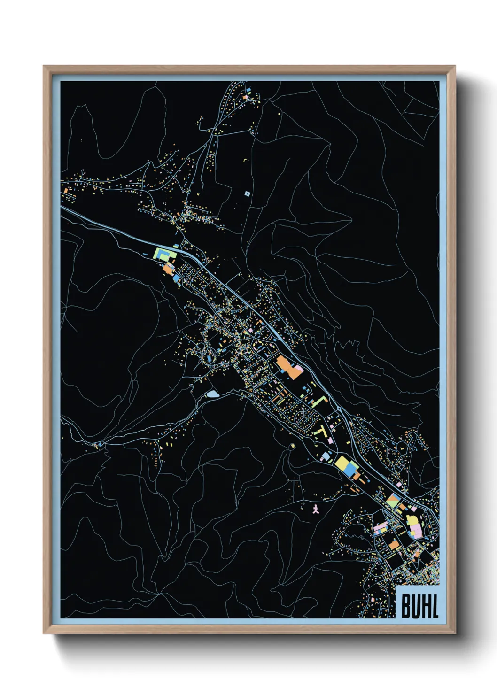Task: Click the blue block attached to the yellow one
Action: tap(350, 470)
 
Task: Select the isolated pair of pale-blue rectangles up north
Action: tap(248, 193)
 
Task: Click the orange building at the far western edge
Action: tap(67, 191)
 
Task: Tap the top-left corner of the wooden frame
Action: tap(45, 67)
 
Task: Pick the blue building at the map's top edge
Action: tap(248, 89)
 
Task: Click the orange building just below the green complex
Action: tap(168, 270)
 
